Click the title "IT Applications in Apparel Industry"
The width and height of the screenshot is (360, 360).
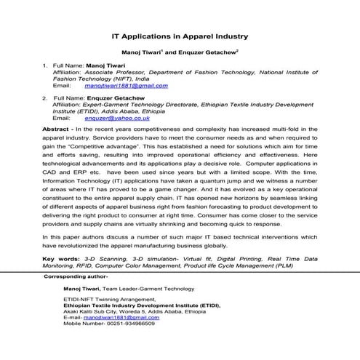(x=180, y=35)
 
